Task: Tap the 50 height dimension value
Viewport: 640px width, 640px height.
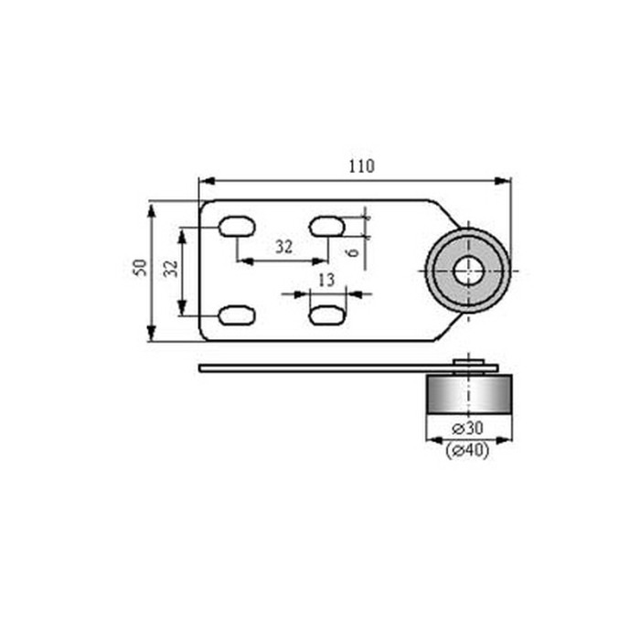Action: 140,268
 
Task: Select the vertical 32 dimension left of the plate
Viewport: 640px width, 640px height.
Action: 170,269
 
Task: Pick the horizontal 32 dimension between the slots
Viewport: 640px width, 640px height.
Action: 283,247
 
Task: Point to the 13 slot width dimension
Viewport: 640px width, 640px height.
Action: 326,280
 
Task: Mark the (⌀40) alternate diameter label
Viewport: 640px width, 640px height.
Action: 467,450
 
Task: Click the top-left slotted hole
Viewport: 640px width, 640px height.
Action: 236,225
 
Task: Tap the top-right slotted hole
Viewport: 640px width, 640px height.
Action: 326,225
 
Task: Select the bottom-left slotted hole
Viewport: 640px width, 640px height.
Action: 236,315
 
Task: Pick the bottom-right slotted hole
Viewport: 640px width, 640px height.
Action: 326,315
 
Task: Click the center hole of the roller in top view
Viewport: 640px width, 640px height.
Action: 469,270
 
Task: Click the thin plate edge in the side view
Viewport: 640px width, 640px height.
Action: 311,368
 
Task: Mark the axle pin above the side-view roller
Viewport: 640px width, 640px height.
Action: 469,359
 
